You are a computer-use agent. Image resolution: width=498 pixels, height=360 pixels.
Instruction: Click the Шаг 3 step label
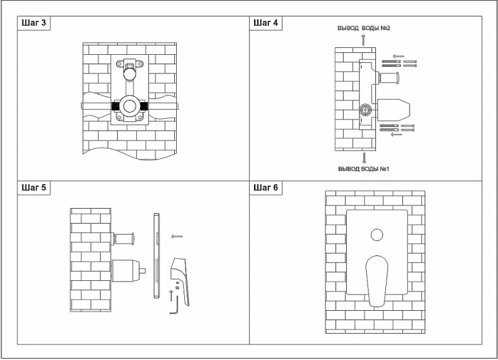point(34,23)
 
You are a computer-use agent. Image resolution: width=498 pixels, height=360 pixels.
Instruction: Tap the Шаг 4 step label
point(266,23)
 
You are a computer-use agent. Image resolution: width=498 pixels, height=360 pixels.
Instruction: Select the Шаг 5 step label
point(34,187)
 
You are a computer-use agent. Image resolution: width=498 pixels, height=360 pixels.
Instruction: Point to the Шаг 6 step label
point(266,187)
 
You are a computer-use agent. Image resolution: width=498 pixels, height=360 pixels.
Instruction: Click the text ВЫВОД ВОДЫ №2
point(364,29)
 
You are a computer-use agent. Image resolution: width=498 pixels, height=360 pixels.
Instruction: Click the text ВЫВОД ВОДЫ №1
point(364,169)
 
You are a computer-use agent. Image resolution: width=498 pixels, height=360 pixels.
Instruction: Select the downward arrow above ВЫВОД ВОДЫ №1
point(364,157)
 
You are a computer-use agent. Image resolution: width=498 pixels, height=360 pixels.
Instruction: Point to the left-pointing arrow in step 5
point(177,237)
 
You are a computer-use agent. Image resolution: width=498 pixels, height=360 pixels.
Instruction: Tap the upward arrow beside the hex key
point(171,293)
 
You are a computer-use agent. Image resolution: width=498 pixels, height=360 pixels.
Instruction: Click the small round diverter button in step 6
point(376,235)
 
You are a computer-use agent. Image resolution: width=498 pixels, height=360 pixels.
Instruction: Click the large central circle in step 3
point(130,106)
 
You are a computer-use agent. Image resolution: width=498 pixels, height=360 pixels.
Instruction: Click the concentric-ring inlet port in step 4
point(365,110)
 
